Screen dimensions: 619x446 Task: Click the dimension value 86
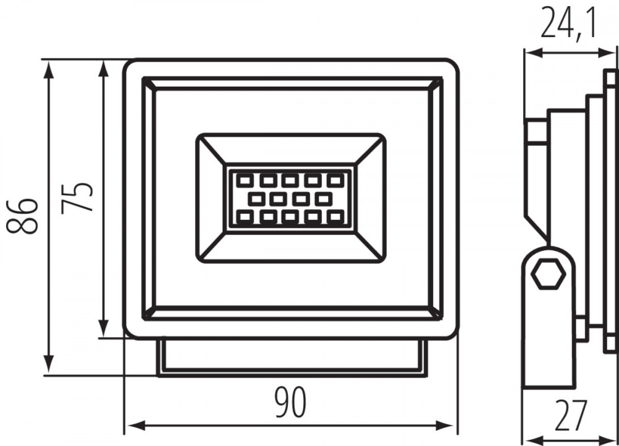[x=22, y=216]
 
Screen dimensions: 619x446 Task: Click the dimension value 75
[x=77, y=198]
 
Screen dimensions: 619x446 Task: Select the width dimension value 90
[x=291, y=403]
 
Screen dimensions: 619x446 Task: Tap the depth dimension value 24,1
[x=568, y=22]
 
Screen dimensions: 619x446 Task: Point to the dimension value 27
[x=571, y=416]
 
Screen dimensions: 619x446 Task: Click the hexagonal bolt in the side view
[x=548, y=274]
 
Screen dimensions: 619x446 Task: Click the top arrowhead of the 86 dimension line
[x=48, y=69]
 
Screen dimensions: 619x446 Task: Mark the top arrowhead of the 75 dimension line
[x=103, y=69]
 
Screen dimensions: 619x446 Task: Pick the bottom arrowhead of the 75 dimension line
[x=103, y=328]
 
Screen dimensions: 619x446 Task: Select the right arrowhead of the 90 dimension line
[x=445, y=426]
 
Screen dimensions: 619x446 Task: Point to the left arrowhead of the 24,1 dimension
[x=532, y=53]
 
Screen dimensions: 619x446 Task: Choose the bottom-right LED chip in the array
[x=335, y=216]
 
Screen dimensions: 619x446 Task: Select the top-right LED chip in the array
[x=335, y=181]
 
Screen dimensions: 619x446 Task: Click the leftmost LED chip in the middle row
[x=256, y=199]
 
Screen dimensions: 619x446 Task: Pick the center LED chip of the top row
[x=290, y=181]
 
